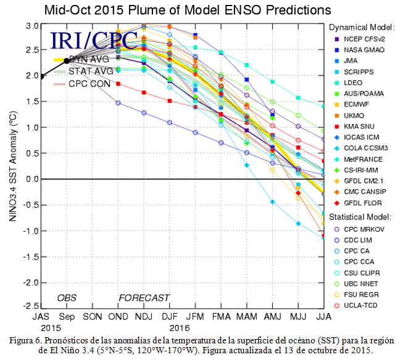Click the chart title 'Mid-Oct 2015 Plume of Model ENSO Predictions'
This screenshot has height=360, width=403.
pos(188,10)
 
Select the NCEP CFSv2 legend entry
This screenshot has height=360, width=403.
pos(360,39)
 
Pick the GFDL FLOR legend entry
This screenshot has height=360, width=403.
pos(358,203)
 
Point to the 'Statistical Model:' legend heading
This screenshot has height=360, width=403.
pos(360,217)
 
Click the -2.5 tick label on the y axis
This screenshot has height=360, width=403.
pos(31,306)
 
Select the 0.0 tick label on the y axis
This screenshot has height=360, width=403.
pos(32,179)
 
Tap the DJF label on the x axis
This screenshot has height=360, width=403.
pos(170,317)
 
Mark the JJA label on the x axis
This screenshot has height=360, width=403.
pos(323,317)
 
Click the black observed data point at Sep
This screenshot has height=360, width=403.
pos(67,61)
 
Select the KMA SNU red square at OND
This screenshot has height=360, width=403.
pos(118,84)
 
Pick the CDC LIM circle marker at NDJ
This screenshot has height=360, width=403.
pos(144,113)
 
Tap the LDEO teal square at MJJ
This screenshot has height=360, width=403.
pos(298,98)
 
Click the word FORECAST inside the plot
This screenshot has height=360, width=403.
pos(144,298)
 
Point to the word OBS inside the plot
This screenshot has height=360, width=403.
pos(67,298)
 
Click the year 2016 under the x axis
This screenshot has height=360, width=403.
pos(180,328)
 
